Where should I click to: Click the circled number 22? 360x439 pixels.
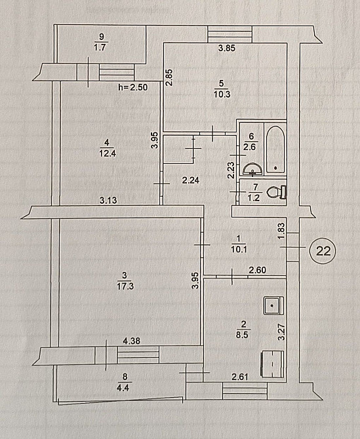[323, 251]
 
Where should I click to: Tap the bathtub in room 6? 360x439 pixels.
[275, 150]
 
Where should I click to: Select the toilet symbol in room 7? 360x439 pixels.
[277, 193]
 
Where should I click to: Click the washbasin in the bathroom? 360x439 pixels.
[253, 170]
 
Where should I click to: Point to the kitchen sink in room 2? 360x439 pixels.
[273, 305]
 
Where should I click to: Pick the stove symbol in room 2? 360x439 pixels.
[272, 364]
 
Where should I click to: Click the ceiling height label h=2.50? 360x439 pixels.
[133, 87]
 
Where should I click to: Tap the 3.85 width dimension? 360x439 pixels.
[227, 48]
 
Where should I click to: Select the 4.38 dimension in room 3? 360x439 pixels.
[132, 341]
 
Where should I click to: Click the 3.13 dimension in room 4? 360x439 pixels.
[108, 200]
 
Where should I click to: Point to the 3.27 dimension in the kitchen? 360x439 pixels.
[281, 332]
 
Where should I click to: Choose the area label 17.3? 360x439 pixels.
[125, 286]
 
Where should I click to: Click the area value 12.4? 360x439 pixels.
[108, 153]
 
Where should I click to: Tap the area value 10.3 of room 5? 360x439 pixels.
[222, 94]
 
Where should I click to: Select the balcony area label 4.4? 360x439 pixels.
[123, 388]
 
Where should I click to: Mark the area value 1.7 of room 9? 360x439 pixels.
[100, 47]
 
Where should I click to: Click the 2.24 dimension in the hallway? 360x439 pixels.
[191, 181]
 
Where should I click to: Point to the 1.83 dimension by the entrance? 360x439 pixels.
[282, 231]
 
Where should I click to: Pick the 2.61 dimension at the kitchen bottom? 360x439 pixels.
[240, 377]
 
